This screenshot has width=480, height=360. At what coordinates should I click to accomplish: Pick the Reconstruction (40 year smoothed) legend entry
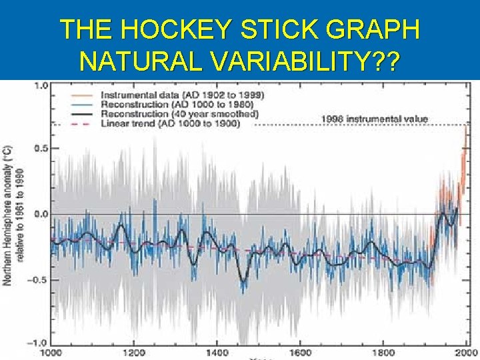point(178,114)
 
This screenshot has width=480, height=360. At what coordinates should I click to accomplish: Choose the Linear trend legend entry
point(169,124)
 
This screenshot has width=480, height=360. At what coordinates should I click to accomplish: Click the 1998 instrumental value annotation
point(375,119)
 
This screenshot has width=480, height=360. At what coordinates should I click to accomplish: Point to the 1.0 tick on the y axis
point(41,85)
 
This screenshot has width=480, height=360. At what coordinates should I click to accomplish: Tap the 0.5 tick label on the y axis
point(41,149)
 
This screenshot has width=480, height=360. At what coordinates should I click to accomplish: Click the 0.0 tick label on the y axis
point(41,214)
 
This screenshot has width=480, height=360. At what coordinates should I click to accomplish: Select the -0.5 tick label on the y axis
point(39,279)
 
